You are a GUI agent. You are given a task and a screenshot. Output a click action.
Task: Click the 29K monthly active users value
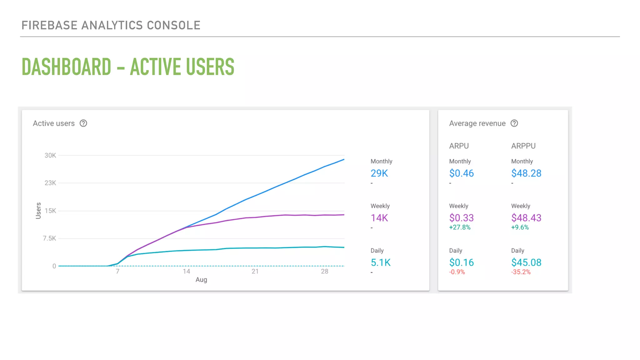tap(379, 173)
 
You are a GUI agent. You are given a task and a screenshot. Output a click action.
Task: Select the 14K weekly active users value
tap(379, 218)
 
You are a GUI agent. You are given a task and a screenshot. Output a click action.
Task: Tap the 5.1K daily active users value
tap(380, 262)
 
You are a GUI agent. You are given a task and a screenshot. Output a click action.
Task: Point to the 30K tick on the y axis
tap(50, 155)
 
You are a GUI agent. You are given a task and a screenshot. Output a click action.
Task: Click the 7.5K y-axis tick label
tap(49, 238)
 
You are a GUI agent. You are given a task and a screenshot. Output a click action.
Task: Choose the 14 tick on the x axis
tap(186, 271)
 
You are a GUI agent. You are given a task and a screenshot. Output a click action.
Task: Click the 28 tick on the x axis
tap(324, 271)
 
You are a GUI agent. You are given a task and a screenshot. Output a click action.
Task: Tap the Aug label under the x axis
tap(201, 280)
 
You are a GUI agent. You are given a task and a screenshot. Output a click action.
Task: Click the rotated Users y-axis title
tap(38, 211)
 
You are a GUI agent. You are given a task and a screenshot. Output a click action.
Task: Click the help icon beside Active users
tap(83, 123)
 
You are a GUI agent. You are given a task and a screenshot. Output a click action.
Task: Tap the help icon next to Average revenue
tap(514, 123)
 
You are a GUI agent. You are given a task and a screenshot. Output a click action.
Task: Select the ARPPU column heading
tap(523, 146)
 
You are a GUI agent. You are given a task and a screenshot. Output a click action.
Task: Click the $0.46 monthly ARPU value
tap(461, 173)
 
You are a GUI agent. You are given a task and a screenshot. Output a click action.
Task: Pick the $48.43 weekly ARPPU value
tap(526, 218)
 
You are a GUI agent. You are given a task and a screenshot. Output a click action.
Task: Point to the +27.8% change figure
tap(459, 227)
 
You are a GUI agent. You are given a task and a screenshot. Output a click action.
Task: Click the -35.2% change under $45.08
tap(521, 272)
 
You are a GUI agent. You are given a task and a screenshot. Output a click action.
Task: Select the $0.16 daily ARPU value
tap(461, 262)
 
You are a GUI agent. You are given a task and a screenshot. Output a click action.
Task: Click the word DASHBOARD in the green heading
tap(66, 67)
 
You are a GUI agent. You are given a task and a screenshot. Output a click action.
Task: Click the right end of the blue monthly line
tap(343, 160)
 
